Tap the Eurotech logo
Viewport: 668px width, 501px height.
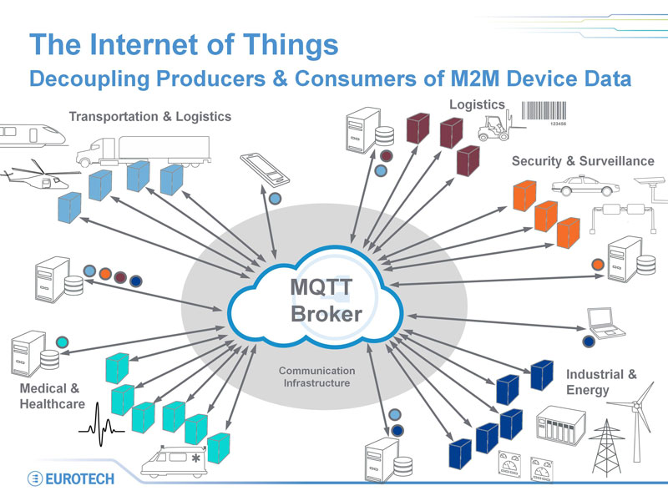[x=71, y=478]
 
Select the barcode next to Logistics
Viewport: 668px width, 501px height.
[x=544, y=111]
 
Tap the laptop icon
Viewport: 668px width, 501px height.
[x=604, y=321]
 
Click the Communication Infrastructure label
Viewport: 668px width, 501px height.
[x=316, y=377]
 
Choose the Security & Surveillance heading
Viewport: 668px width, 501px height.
[x=582, y=160]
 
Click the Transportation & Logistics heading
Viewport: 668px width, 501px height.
[x=149, y=116]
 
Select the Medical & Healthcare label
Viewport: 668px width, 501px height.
[x=52, y=396]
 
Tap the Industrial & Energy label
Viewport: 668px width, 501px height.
[x=600, y=382]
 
